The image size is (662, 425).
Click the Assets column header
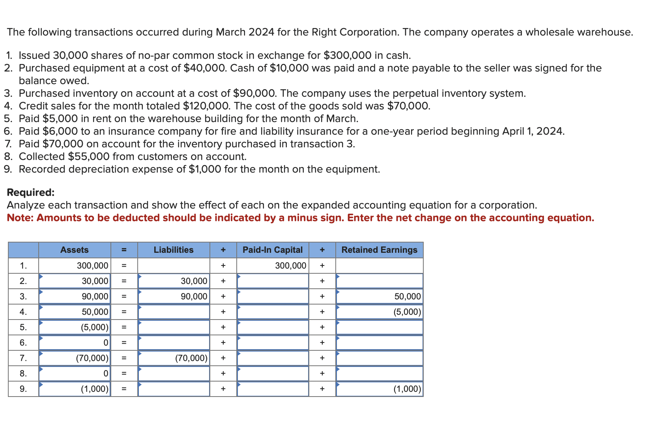point(75,250)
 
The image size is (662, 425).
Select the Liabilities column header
point(174,250)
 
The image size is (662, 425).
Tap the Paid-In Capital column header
point(273,250)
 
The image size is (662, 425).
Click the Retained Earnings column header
point(379,250)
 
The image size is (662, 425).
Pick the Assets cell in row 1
point(75,265)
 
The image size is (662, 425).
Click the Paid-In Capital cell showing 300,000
point(273,265)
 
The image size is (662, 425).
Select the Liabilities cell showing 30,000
point(174,281)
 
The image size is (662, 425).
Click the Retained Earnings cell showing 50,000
point(379,297)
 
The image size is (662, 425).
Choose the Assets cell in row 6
point(75,343)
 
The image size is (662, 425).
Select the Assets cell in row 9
point(75,389)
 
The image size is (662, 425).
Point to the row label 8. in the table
point(23,373)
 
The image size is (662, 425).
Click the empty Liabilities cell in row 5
point(174,327)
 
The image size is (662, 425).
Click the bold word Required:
point(31,193)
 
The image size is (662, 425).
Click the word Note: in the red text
point(21,218)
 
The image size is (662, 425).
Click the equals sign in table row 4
point(124,312)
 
